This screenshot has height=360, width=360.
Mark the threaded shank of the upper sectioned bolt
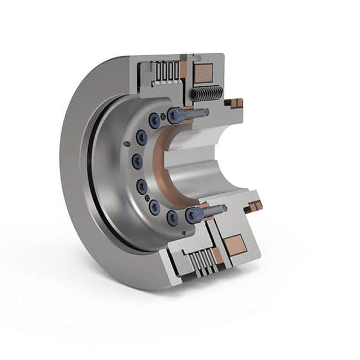198,112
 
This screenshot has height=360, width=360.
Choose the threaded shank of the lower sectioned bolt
216,210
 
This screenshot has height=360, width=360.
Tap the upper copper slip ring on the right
237,102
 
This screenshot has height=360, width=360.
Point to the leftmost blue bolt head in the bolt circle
137,160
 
